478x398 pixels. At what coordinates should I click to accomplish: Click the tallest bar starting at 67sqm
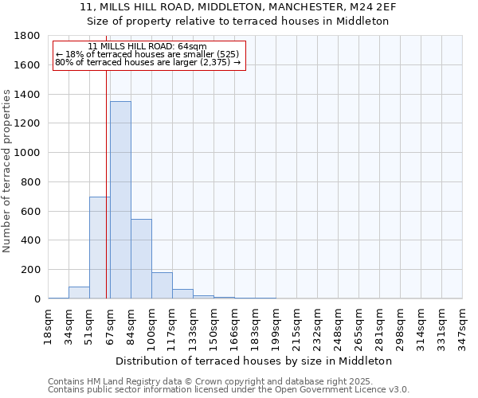click(120, 200)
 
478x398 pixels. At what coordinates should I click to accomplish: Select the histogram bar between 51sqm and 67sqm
click(100, 248)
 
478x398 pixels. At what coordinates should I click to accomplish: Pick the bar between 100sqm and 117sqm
click(162, 285)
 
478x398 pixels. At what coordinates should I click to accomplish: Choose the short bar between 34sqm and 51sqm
click(79, 292)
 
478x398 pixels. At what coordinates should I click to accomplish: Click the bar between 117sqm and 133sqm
click(182, 294)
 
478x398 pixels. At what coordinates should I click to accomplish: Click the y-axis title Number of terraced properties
click(8, 171)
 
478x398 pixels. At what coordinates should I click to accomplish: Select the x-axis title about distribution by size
click(255, 361)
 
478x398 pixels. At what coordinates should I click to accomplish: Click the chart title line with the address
click(238, 7)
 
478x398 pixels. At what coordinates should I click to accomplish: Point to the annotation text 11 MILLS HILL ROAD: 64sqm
click(147, 47)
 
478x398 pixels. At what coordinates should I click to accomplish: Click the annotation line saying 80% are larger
click(147, 62)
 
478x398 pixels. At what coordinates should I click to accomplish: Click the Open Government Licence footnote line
click(229, 390)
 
